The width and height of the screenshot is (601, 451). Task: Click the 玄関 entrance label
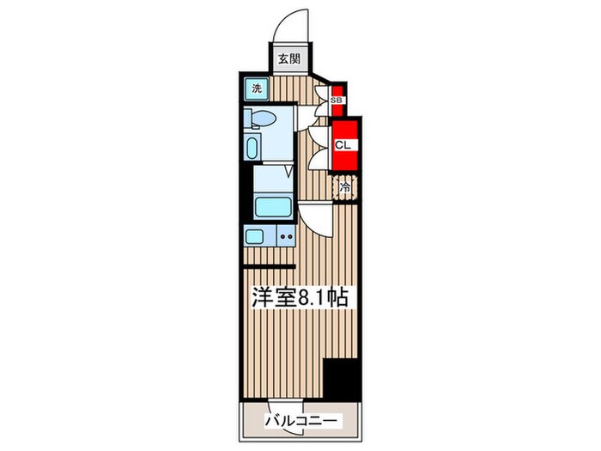click(x=288, y=59)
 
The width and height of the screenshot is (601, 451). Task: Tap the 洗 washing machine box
click(x=257, y=88)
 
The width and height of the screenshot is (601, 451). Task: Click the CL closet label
click(x=341, y=144)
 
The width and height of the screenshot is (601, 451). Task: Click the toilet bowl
click(x=261, y=119)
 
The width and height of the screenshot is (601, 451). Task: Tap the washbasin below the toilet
click(x=252, y=147)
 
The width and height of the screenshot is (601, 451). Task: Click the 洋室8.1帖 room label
click(x=299, y=298)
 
